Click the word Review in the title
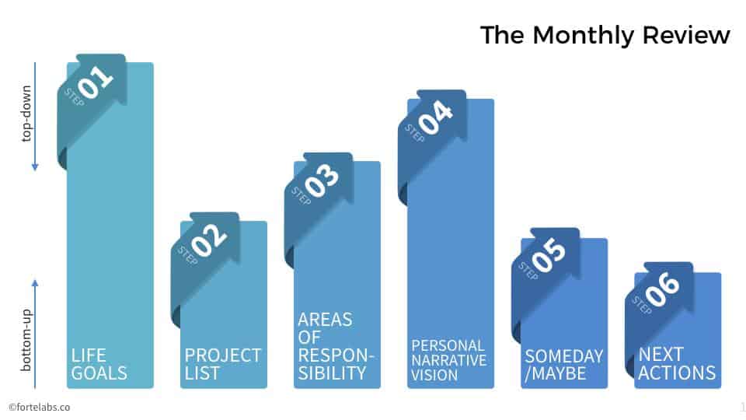click(x=686, y=35)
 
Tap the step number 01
click(x=96, y=82)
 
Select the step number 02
click(x=209, y=240)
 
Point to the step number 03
click(x=322, y=180)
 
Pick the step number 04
click(x=436, y=117)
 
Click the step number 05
click(x=549, y=256)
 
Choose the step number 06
click(x=663, y=289)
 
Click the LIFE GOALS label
click(x=99, y=364)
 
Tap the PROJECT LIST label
click(x=223, y=364)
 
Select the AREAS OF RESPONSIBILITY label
click(x=336, y=346)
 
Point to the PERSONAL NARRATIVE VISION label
click(x=448, y=360)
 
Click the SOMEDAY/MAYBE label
click(x=564, y=365)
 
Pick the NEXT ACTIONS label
click(x=677, y=364)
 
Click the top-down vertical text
click(x=26, y=114)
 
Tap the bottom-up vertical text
click(x=26, y=340)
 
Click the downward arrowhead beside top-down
click(x=35, y=167)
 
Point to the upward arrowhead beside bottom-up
click(x=35, y=283)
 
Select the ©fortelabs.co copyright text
click(x=40, y=407)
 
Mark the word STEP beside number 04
click(x=414, y=133)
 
